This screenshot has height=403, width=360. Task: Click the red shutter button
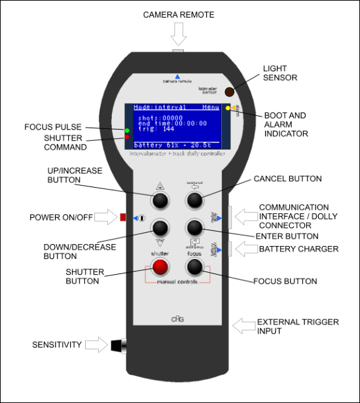(161, 266)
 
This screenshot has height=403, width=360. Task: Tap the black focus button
(194, 266)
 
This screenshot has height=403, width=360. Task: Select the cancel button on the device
(194, 199)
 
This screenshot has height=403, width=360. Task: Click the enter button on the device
(194, 228)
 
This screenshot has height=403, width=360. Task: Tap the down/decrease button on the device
(161, 228)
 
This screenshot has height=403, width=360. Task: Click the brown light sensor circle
(230, 93)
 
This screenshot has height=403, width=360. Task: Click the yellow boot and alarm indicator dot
(227, 108)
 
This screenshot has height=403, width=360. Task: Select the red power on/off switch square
(122, 217)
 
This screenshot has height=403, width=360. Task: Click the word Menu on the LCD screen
(211, 107)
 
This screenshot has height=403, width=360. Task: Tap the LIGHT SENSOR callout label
(280, 73)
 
